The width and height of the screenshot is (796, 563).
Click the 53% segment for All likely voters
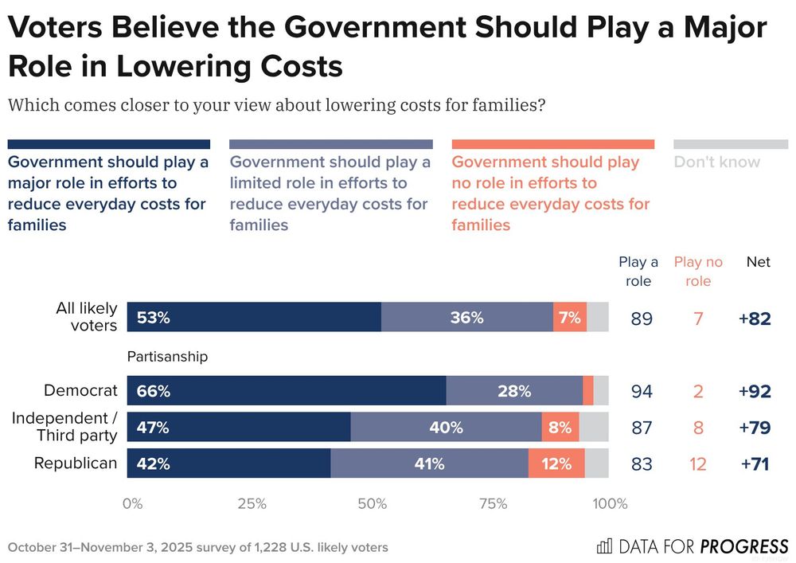click(254, 317)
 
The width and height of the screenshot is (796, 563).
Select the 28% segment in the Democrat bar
click(514, 391)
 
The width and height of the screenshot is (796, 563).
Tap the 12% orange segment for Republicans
click(556, 463)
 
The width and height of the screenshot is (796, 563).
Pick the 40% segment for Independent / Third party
click(446, 428)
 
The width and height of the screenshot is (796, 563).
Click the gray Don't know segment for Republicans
click(596, 463)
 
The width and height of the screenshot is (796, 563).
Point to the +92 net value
click(754, 391)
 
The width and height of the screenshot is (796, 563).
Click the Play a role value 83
click(642, 463)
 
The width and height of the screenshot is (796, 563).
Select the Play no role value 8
click(698, 428)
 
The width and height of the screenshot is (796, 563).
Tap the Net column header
click(758, 262)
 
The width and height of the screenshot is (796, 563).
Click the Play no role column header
click(698, 272)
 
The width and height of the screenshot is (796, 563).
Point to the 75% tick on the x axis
click(494, 503)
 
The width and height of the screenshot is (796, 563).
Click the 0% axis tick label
click(132, 503)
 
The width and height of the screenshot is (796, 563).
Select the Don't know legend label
click(716, 162)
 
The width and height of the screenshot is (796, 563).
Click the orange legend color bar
click(552, 144)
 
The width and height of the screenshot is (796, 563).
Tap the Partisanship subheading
click(167, 357)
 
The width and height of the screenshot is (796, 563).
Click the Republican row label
click(76, 463)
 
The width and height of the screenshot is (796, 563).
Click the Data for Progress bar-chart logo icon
click(604, 546)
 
